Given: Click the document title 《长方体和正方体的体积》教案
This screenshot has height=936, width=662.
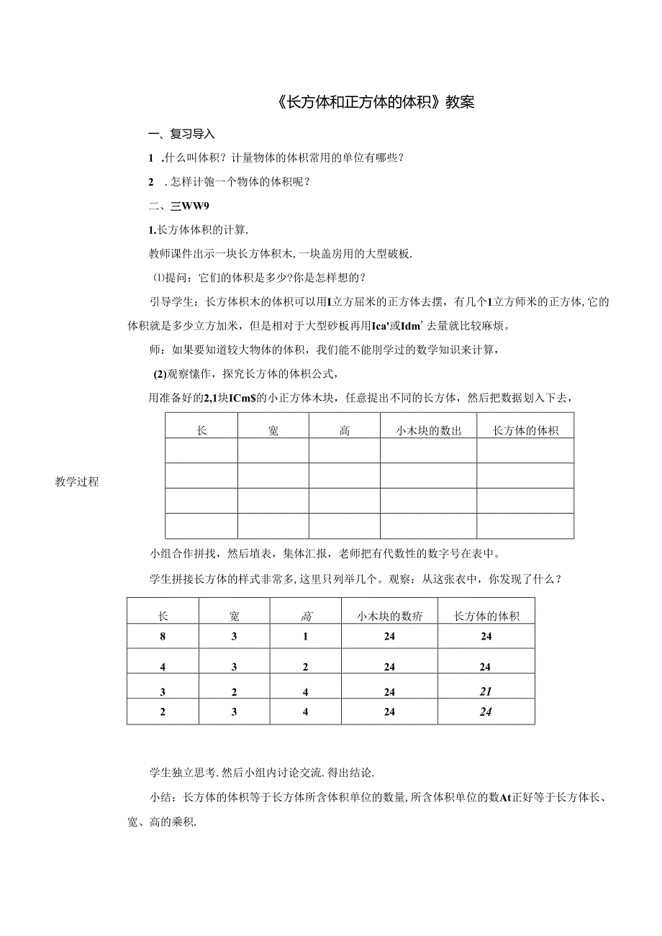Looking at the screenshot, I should pyautogui.click(x=375, y=102).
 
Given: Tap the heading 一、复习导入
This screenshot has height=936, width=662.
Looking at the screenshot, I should pyautogui.click(x=181, y=134).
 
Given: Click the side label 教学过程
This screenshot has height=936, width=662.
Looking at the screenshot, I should pyautogui.click(x=76, y=482).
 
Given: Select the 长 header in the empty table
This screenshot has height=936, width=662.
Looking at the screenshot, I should pyautogui.click(x=201, y=431).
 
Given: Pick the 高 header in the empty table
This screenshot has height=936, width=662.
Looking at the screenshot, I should pyautogui.click(x=345, y=431).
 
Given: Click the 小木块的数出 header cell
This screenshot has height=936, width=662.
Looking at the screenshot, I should pyautogui.click(x=428, y=431).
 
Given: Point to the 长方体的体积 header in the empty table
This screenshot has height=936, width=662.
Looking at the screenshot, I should pyautogui.click(x=525, y=431).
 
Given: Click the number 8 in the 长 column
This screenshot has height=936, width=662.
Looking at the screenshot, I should pyautogui.click(x=163, y=636).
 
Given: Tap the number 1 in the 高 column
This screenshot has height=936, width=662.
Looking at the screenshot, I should pyautogui.click(x=306, y=636).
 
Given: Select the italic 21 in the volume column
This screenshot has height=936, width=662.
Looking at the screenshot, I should pyautogui.click(x=486, y=691).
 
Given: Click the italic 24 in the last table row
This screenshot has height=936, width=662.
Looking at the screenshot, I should pyautogui.click(x=486, y=712).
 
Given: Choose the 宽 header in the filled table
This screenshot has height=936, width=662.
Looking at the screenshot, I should pyautogui.click(x=235, y=616).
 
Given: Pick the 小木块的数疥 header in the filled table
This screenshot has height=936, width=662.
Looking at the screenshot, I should pyautogui.click(x=390, y=616).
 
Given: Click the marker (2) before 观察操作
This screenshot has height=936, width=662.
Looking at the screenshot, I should pyautogui.click(x=160, y=373).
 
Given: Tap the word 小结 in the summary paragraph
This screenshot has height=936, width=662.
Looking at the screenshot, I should pyautogui.click(x=160, y=797).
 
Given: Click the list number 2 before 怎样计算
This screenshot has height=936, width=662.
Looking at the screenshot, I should pyautogui.click(x=150, y=181).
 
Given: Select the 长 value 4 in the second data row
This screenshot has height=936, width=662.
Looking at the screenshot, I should pyautogui.click(x=163, y=667).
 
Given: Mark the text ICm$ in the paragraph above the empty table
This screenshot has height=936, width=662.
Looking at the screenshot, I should pyautogui.click(x=244, y=397).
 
